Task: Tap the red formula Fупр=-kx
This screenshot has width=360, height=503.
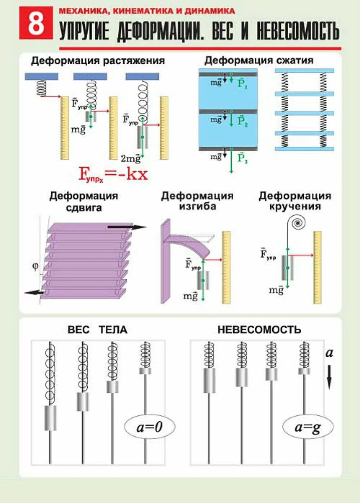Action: [x=113, y=173]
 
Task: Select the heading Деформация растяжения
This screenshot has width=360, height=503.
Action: [x=98, y=61]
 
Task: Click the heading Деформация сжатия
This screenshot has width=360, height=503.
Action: [x=259, y=60]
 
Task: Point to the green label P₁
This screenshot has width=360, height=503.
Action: [x=243, y=83]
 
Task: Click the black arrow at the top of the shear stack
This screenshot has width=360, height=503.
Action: [x=126, y=227]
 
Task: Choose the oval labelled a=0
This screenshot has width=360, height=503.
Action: [x=149, y=428]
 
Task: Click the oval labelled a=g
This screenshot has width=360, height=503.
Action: [x=308, y=428]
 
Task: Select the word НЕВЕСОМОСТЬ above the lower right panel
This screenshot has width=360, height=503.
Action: [x=259, y=330]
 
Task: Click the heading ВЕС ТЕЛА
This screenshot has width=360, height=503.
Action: [x=97, y=330]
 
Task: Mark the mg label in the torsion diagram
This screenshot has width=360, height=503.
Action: [x=277, y=290]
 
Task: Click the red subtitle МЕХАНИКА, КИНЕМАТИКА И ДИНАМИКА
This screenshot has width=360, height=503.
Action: [x=147, y=11]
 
